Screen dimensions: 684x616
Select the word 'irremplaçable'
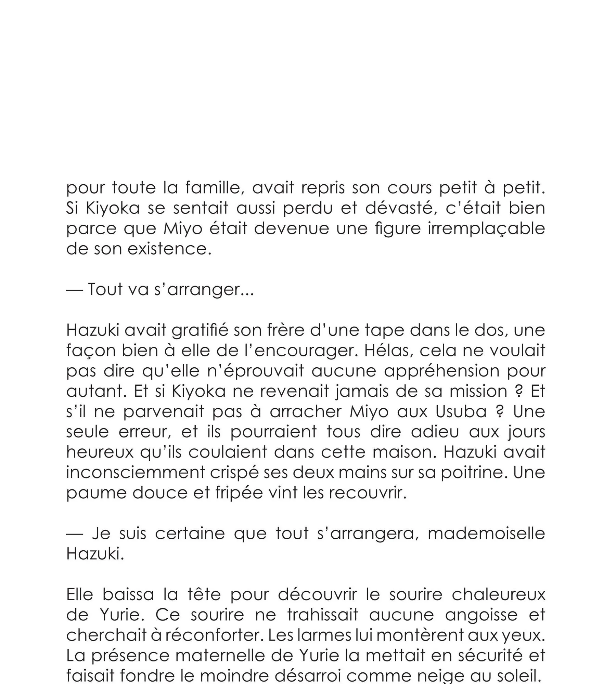pos(486,229)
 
